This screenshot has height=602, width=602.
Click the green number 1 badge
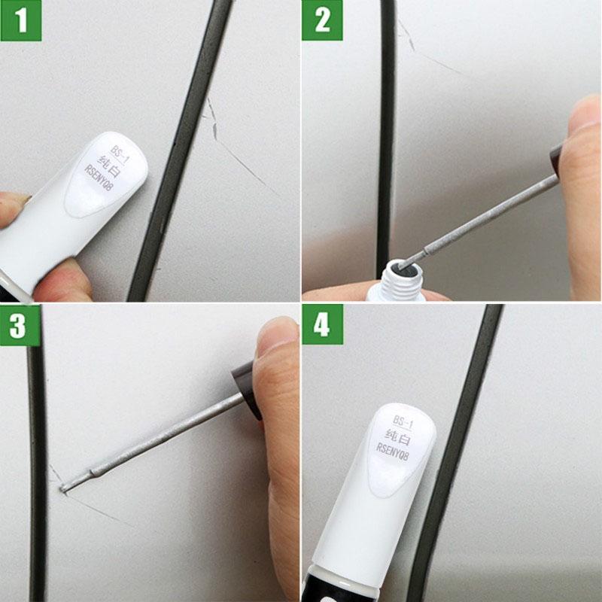pyautogui.click(x=21, y=20)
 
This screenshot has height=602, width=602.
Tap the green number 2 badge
pyautogui.click(x=322, y=20)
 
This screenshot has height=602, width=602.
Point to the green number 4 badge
pyautogui.click(x=322, y=324)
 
